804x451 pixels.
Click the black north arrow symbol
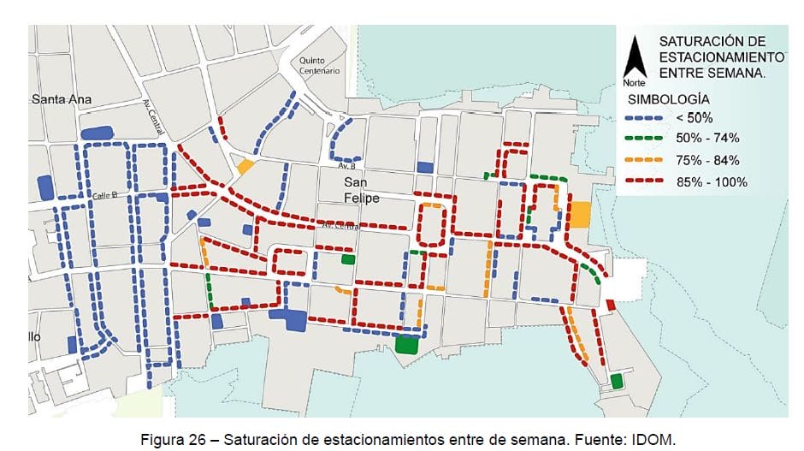[x=635, y=58]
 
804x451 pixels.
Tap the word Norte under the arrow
[x=634, y=83]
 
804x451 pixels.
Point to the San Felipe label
[x=361, y=191]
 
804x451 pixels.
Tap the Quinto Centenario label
[x=319, y=66]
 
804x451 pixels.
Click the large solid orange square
[x=581, y=214]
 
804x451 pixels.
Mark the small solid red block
[x=610, y=305]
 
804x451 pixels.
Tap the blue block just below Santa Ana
[x=97, y=133]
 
